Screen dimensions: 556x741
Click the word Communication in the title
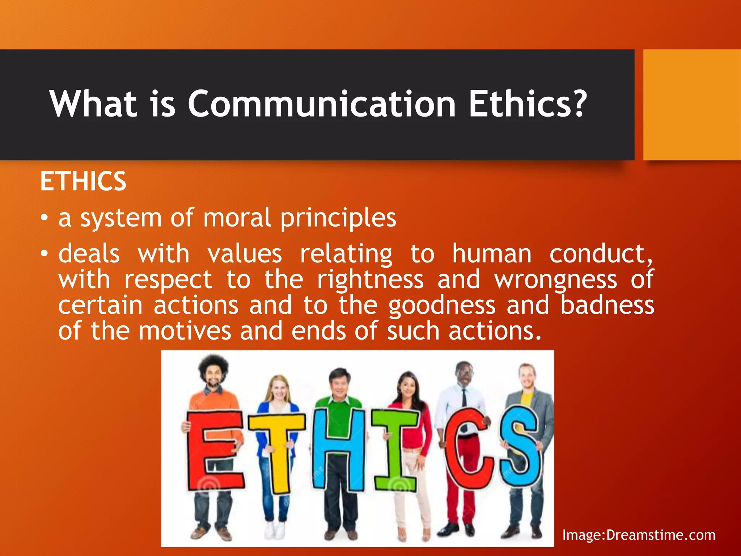coord(321,104)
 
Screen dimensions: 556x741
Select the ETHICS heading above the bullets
coord(83,181)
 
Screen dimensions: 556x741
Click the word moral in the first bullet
coord(237,218)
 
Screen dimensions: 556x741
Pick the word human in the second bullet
coord(492,254)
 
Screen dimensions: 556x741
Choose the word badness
coord(607,305)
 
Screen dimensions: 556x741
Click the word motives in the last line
coord(185,331)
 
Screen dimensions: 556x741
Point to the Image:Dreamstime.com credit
coord(639,535)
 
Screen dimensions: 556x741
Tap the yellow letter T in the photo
coord(277,452)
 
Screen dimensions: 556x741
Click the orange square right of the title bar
coord(692,105)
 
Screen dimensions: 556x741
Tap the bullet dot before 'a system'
coord(44,218)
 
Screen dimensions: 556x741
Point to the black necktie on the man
coord(464,402)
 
